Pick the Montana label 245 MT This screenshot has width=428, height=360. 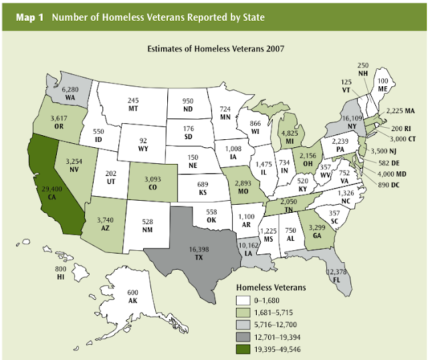click(x=134, y=105)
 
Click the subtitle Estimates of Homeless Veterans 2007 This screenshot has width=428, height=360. click(x=213, y=49)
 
